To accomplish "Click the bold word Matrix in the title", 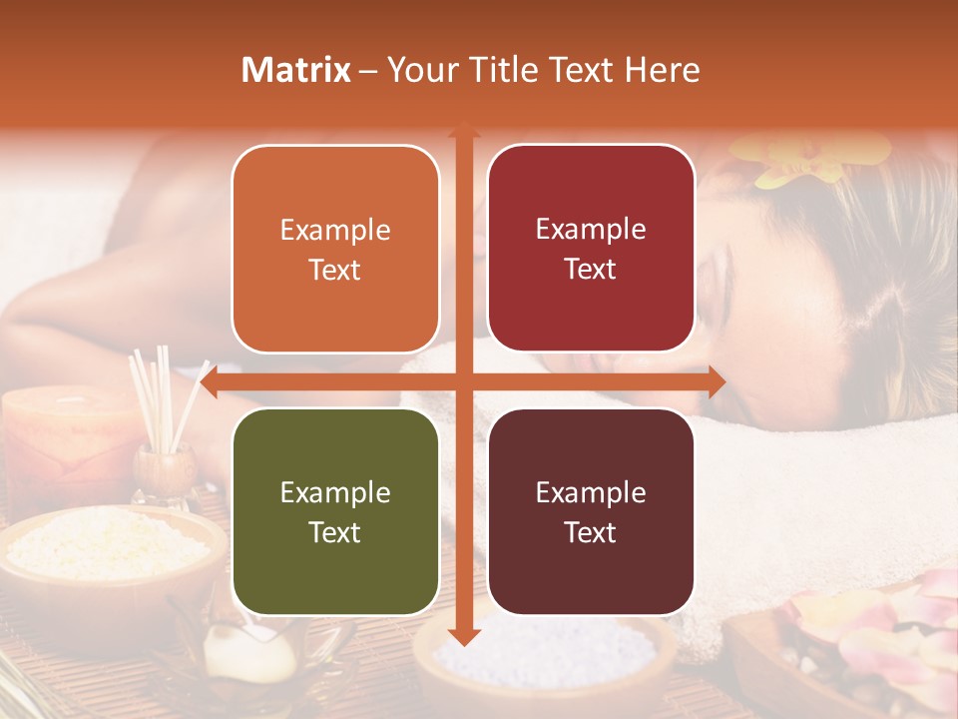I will pyautogui.click(x=296, y=70).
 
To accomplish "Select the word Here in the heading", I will pyautogui.click(x=662, y=70).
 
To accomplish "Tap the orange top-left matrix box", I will pyautogui.click(x=335, y=250).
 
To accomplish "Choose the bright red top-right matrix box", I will pyautogui.click(x=591, y=249).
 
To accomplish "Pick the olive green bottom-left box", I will pyautogui.click(x=335, y=512).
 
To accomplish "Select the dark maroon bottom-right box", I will pyautogui.click(x=591, y=512).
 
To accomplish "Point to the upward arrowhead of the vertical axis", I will pyautogui.click(x=463, y=130).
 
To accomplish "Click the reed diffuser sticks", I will pyautogui.click(x=160, y=399).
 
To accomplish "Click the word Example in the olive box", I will pyautogui.click(x=335, y=492).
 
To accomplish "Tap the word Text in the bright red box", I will pyautogui.click(x=591, y=270).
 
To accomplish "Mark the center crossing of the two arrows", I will pyautogui.click(x=463, y=381).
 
